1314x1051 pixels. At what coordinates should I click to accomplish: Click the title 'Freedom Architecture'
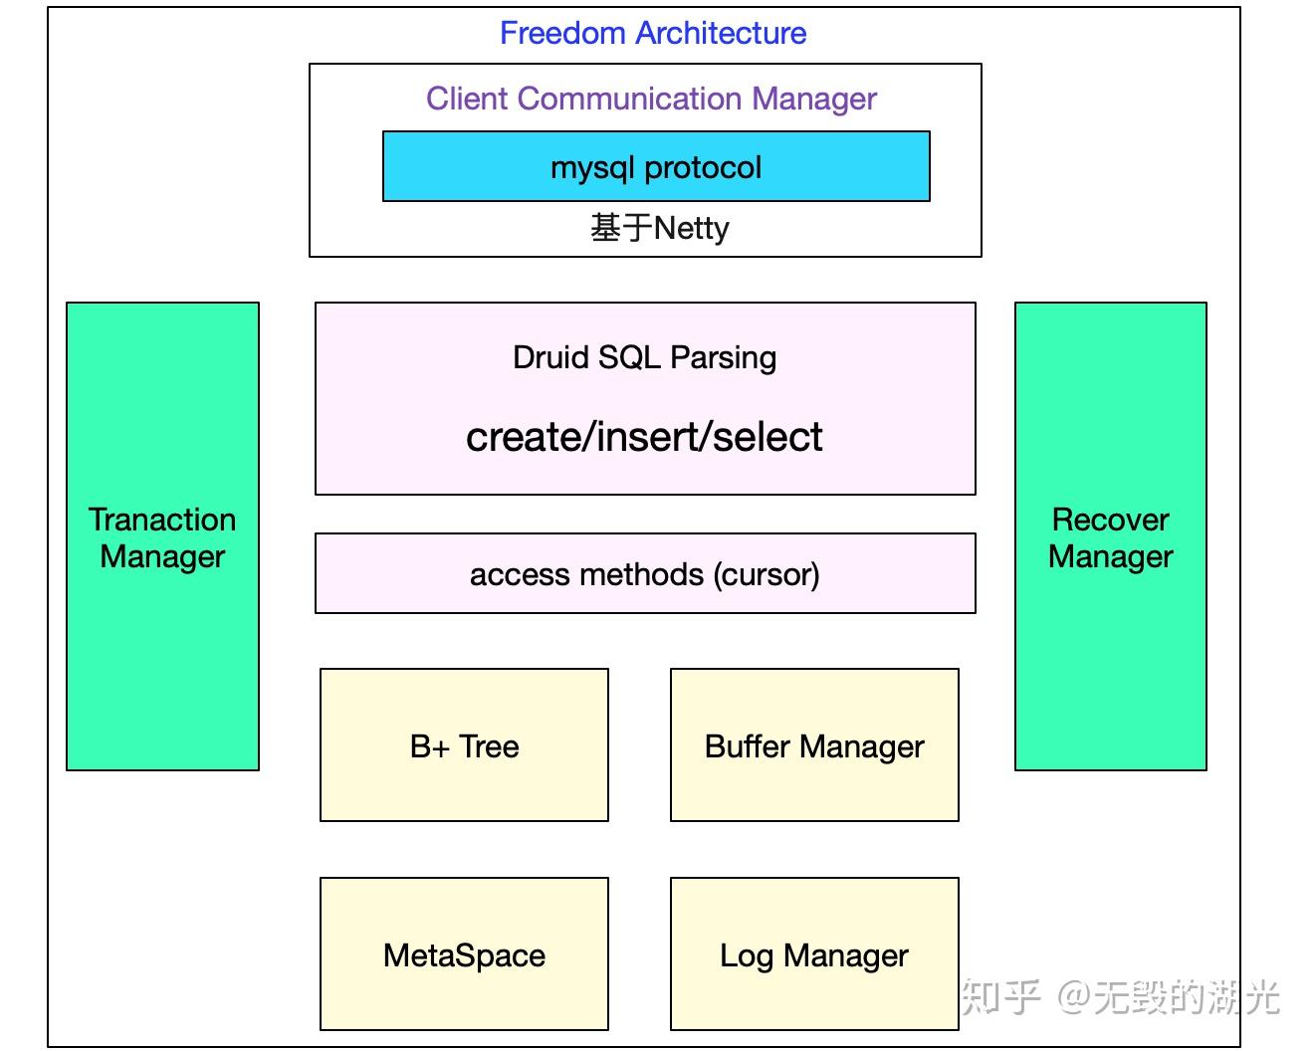(x=653, y=33)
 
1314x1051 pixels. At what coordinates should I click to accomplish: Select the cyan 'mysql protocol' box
(x=656, y=166)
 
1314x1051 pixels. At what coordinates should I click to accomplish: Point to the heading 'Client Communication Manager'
(x=651, y=99)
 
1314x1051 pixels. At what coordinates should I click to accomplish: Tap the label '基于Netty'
(x=659, y=228)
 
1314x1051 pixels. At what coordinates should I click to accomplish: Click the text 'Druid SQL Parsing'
(x=644, y=357)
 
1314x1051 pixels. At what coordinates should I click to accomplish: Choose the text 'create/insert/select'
(x=644, y=437)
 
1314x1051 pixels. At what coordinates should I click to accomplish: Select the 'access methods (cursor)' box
(x=645, y=573)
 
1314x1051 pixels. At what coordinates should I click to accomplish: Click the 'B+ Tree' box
(x=464, y=745)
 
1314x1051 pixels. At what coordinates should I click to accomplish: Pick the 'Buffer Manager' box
(x=814, y=745)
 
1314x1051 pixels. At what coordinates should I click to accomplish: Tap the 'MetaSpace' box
(x=464, y=953)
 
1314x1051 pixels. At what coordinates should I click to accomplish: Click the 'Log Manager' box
(x=814, y=953)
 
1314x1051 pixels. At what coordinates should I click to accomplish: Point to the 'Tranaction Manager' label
(x=162, y=538)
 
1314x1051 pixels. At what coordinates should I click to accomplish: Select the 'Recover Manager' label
(x=1111, y=538)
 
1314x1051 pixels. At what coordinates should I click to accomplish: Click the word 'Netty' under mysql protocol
(x=691, y=229)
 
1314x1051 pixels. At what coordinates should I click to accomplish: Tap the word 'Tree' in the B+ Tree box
(x=489, y=746)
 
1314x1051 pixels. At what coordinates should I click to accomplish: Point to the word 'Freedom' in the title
(x=561, y=33)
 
